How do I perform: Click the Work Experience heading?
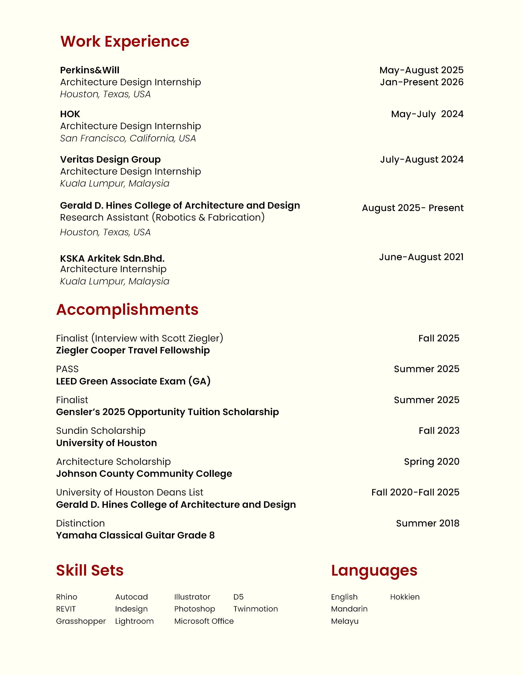[x=124, y=41]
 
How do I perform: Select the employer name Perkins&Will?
[x=89, y=70]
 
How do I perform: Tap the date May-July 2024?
[x=427, y=114]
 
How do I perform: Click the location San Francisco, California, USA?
[x=128, y=138]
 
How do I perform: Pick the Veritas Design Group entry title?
[x=110, y=160]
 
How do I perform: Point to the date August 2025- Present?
[x=412, y=208]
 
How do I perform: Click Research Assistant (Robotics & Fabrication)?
[x=162, y=218]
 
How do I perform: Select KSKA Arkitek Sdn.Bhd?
[x=112, y=258]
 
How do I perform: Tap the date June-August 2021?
[x=421, y=257]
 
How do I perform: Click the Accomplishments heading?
[x=127, y=309]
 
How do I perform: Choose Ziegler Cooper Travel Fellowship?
[x=133, y=350]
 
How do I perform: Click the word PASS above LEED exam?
[x=67, y=369]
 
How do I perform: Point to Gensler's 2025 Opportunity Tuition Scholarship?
[x=167, y=412]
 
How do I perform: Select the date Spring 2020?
[x=431, y=461]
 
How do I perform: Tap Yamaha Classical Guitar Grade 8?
[x=135, y=535]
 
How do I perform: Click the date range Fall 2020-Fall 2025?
[x=415, y=492]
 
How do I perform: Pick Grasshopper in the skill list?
[x=81, y=621]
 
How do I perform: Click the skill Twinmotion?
[x=256, y=609]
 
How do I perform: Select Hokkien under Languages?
[x=404, y=597]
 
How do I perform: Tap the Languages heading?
[x=374, y=570]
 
